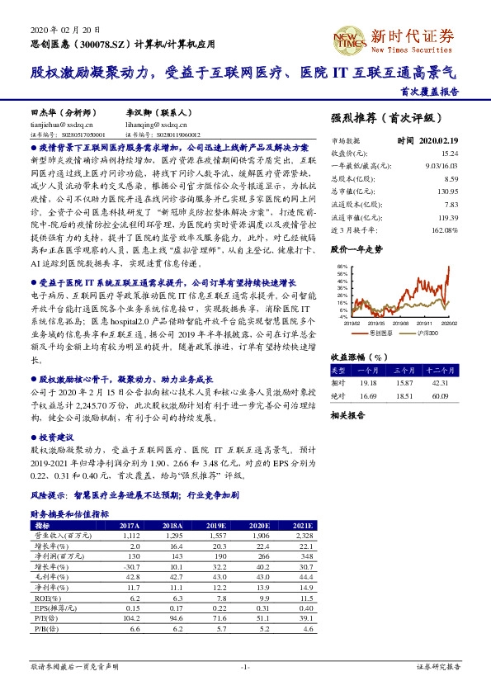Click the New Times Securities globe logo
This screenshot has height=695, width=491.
347,36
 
